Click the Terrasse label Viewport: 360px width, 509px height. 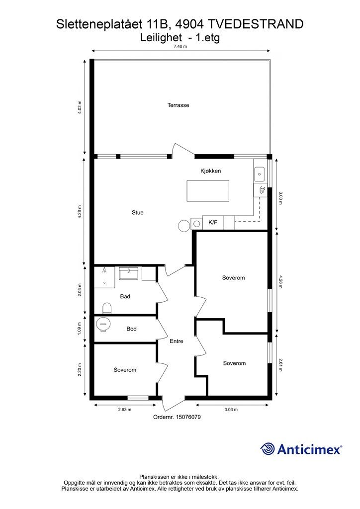[178, 105]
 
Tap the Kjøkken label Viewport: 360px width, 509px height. [210, 171]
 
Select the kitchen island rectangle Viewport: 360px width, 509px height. [208, 191]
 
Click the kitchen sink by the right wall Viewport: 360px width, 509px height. [260, 174]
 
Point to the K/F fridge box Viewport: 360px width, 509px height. [213, 223]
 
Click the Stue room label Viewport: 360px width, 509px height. [138, 213]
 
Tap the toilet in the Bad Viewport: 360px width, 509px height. [107, 308]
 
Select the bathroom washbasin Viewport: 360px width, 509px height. [129, 273]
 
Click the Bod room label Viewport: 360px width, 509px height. [131, 329]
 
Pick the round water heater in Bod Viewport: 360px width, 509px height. [103, 324]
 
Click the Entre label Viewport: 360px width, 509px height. [177, 341]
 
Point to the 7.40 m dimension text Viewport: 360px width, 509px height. [180, 46]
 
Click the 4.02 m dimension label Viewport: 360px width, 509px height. [80, 107]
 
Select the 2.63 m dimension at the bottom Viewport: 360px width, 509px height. [125, 410]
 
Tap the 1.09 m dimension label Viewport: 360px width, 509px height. [80, 329]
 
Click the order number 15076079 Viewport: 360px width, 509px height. [188, 417]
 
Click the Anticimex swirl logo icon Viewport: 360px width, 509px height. [267, 449]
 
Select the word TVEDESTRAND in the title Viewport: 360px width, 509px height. [255, 24]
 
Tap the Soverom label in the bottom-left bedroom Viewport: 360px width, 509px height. [125, 370]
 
